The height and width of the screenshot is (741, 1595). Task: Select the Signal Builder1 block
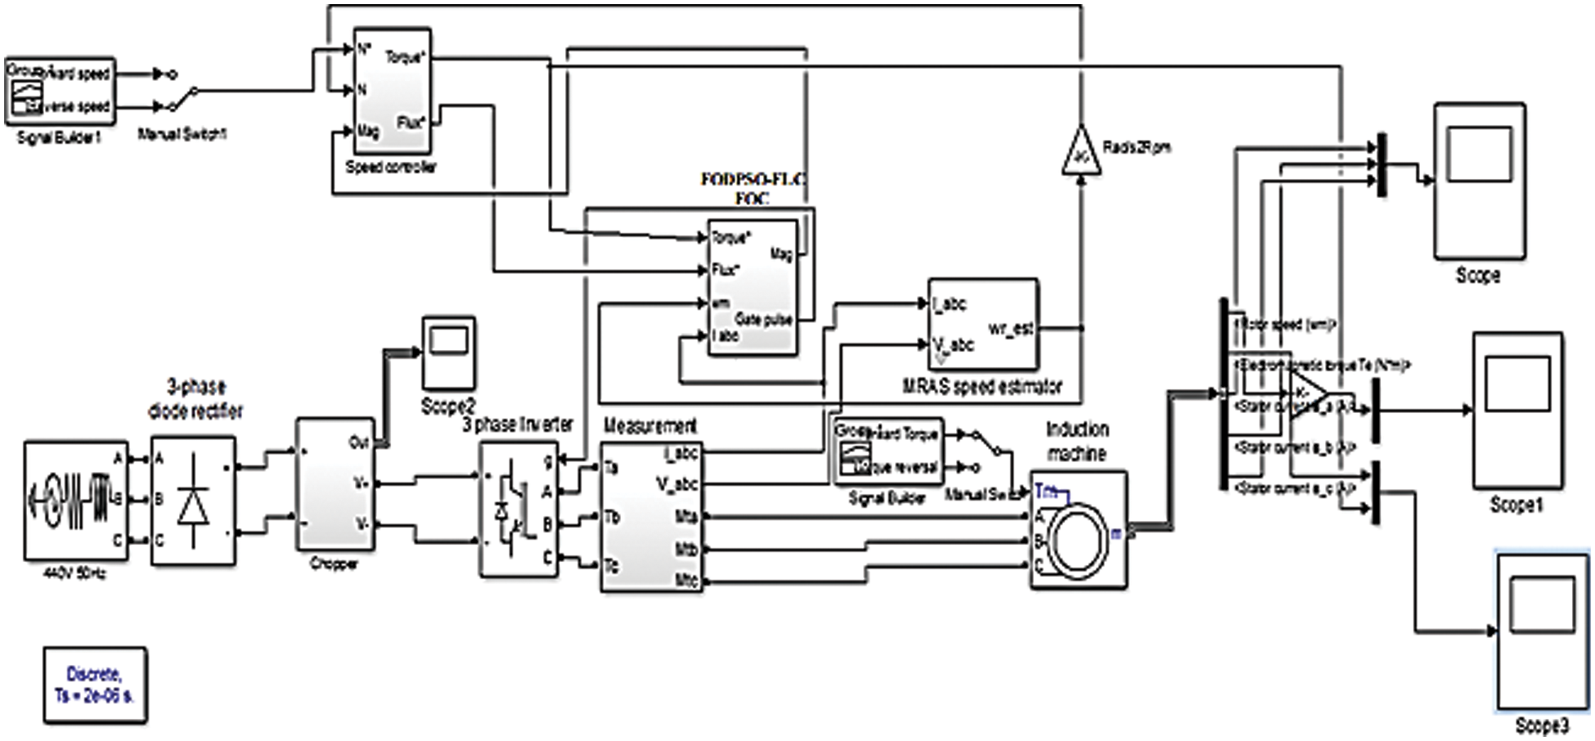click(59, 90)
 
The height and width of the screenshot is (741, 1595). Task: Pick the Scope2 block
click(448, 353)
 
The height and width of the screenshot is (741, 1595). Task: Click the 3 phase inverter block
click(517, 509)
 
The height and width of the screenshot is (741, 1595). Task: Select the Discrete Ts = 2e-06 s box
click(95, 685)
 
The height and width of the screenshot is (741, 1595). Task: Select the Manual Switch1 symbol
click(182, 98)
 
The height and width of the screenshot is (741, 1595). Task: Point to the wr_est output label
click(1010, 329)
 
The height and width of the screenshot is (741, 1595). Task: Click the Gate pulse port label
click(762, 320)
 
